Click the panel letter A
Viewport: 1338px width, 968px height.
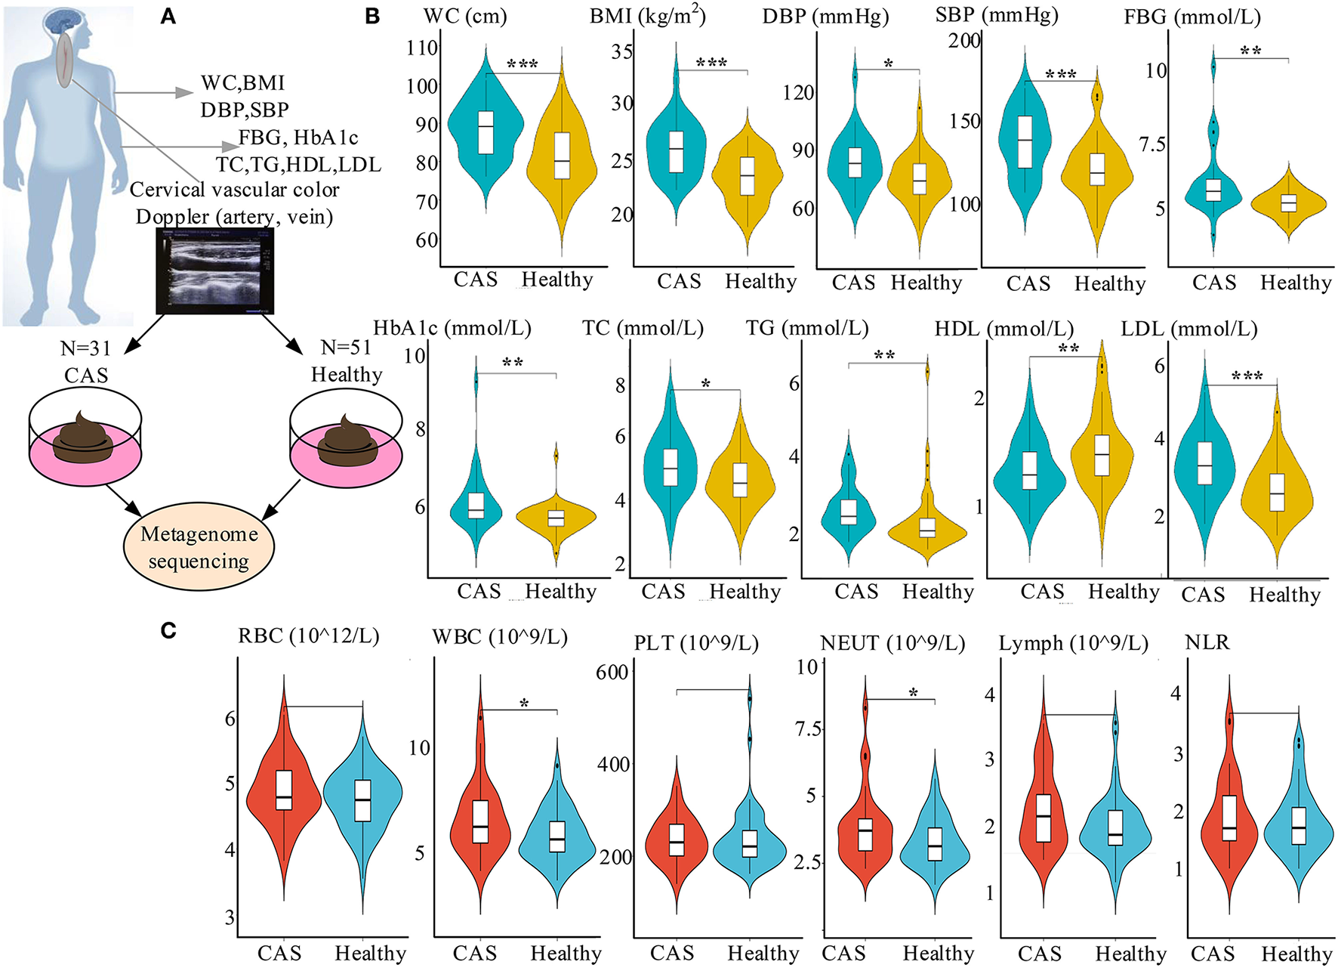click(168, 16)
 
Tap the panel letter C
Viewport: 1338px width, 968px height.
click(168, 630)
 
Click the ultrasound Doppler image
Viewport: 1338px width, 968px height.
click(215, 271)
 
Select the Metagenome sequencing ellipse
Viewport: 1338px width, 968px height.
click(199, 547)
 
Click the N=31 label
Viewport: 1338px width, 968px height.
click(86, 348)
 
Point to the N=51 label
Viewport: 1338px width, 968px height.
click(347, 348)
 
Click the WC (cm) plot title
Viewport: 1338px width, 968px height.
click(465, 16)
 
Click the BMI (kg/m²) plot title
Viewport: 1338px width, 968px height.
click(647, 16)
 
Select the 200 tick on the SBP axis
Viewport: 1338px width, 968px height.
click(964, 40)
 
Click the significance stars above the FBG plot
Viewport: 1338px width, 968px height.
click(1250, 51)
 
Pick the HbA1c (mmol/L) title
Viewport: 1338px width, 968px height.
click(452, 328)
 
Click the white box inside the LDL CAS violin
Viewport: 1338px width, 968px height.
click(1204, 462)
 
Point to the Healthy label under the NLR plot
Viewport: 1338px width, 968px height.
click(1296, 954)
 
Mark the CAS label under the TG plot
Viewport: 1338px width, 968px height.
click(856, 591)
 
